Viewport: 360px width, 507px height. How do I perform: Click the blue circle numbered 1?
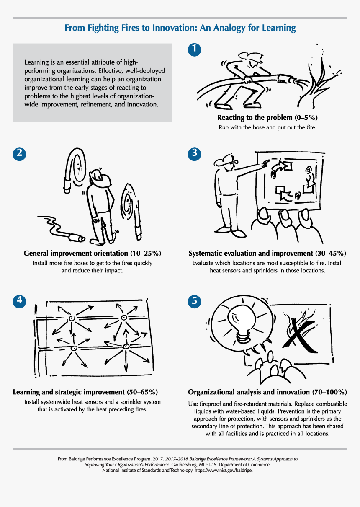point(194,50)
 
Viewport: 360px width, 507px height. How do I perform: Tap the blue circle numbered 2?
point(19,153)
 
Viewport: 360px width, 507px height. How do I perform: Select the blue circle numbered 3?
point(194,153)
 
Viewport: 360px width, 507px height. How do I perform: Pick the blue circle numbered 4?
point(19,300)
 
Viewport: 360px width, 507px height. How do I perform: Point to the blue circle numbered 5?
point(194,300)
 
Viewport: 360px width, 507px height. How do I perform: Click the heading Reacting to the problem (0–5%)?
point(267,118)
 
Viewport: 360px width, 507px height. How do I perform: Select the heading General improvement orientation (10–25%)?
point(92,253)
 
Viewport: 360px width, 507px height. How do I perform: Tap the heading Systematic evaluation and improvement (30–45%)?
point(267,253)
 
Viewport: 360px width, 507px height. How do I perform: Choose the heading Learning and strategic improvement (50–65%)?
point(85,392)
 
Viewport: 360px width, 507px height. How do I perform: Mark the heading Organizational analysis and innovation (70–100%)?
point(267,392)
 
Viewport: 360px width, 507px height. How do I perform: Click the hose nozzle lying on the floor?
point(76,238)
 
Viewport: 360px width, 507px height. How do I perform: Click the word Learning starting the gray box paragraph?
point(37,62)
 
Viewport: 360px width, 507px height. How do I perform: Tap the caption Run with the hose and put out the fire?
point(267,127)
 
